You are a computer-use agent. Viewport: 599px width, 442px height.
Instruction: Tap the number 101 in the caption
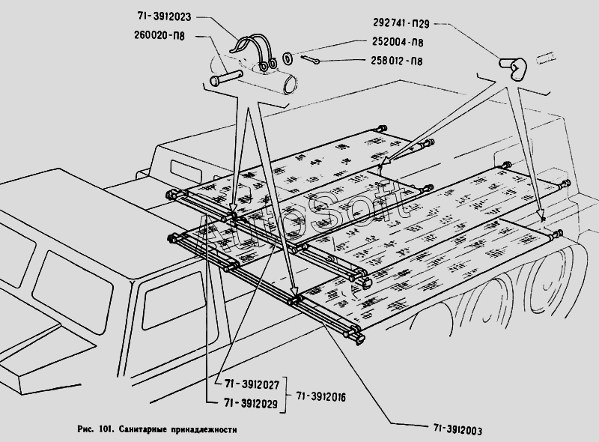106,430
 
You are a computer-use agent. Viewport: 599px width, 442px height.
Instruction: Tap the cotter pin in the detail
311,59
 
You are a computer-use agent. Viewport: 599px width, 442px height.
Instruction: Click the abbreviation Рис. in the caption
85,430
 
